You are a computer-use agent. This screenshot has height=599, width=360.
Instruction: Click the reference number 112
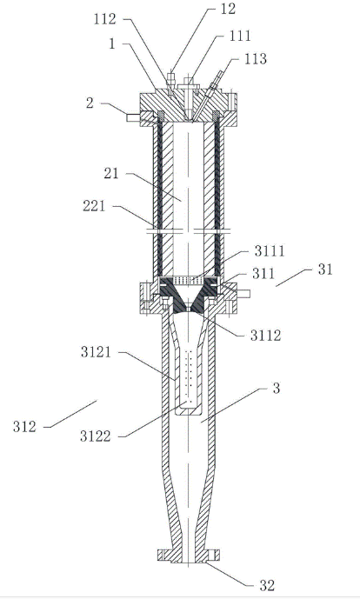(105, 19)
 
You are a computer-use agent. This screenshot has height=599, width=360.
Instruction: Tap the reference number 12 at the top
(228, 9)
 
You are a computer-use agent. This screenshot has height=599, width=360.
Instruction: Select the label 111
(240, 36)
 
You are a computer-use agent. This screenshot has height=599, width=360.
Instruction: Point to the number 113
(255, 59)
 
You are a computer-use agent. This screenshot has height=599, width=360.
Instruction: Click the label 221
(94, 206)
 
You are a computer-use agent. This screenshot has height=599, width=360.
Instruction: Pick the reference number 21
(111, 174)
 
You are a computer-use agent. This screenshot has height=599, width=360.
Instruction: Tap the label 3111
(270, 251)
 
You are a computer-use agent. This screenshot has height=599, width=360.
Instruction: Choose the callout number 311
(263, 274)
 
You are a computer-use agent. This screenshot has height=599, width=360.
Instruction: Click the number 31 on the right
(325, 270)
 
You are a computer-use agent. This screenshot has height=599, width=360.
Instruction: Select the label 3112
(265, 336)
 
